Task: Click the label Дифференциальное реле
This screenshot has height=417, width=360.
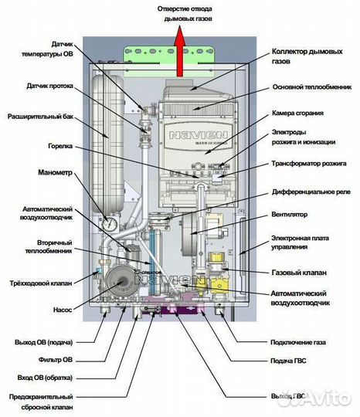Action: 307,190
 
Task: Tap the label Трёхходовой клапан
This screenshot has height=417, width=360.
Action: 41,283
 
